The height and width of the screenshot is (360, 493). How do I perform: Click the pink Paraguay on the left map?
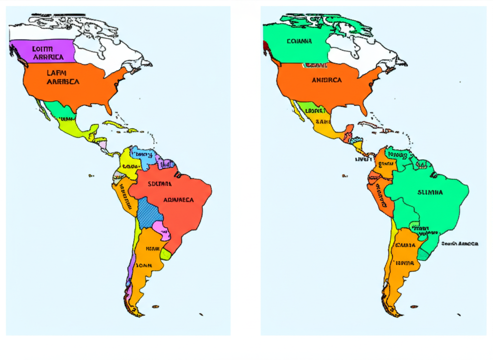pos(164,231)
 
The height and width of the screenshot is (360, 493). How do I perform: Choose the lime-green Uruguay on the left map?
pos(166,253)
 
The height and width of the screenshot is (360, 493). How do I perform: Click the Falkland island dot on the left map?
pos(156,306)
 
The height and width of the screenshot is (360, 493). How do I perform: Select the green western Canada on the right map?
pos(294,43)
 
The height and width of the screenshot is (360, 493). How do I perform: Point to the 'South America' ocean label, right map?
pos(460,244)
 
